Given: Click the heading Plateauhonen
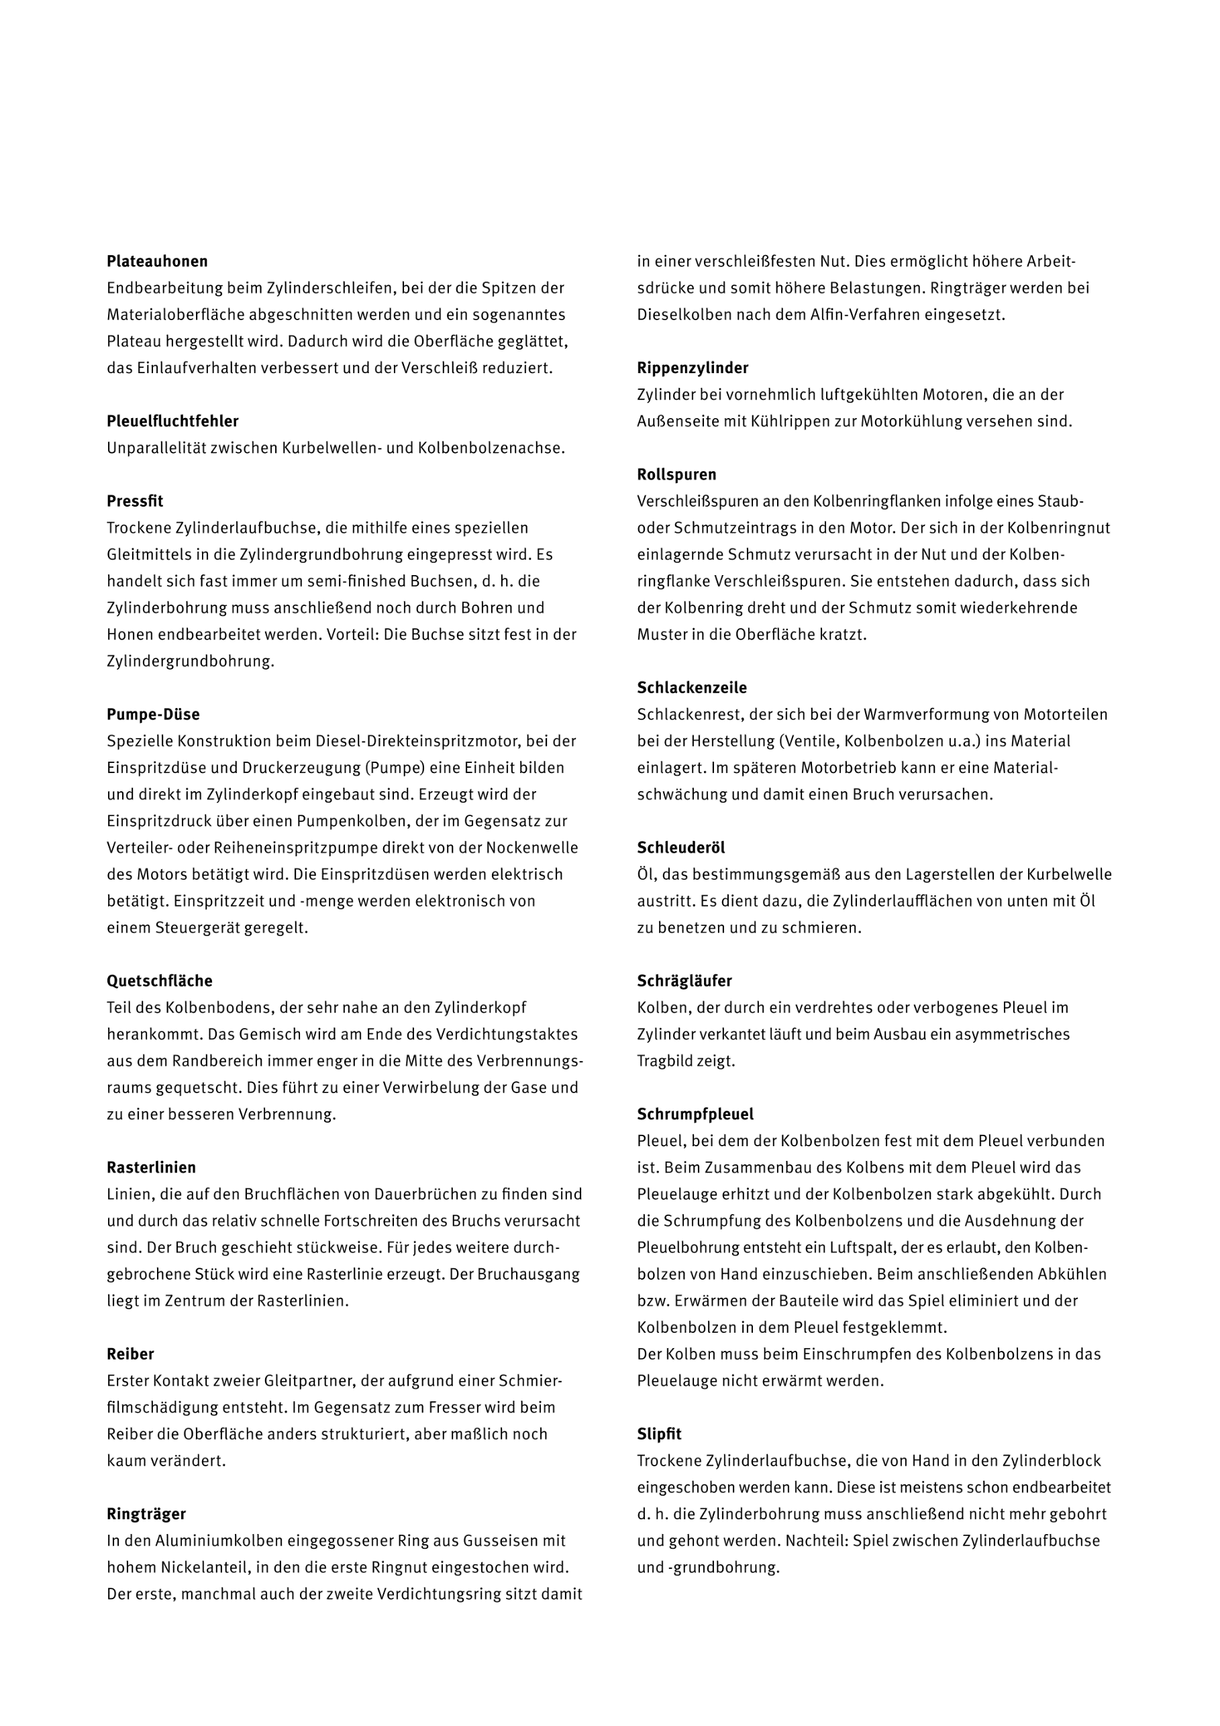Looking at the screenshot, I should pyautogui.click(x=157, y=262).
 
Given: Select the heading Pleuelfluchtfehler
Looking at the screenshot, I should pyautogui.click(x=172, y=421).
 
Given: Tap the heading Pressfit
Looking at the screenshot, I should pyautogui.click(x=135, y=501).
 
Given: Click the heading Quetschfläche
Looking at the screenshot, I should pyautogui.click(x=159, y=981).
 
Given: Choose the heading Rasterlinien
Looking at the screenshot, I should pyautogui.click(x=151, y=1168).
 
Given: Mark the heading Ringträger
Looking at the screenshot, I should pyautogui.click(x=146, y=1514).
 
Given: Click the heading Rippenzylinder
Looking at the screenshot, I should pyautogui.click(x=693, y=368).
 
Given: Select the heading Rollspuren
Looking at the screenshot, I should pyautogui.click(x=676, y=475).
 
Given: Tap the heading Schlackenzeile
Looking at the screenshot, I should pyautogui.click(x=692, y=688).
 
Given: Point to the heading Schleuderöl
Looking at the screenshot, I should pyautogui.click(x=681, y=848).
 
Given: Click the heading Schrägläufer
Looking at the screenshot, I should pyautogui.click(x=684, y=981).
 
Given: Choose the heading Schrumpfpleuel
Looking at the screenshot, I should pyautogui.click(x=695, y=1114).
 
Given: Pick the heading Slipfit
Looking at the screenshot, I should pyautogui.click(x=659, y=1434).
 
